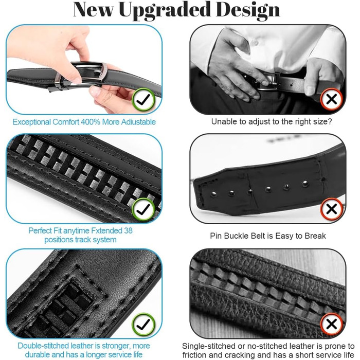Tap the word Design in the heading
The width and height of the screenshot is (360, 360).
tap(248, 10)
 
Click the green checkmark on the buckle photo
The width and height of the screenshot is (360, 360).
tap(143, 99)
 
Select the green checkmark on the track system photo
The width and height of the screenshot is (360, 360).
tap(143, 209)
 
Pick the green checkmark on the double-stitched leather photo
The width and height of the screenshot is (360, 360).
tap(143, 324)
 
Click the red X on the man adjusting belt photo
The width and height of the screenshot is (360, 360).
tap(332, 99)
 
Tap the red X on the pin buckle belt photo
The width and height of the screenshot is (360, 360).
tap(332, 209)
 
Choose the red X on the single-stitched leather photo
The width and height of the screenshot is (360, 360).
tap(332, 324)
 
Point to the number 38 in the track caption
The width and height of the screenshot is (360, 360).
tap(128, 230)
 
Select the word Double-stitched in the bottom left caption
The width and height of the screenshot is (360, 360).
tap(43, 346)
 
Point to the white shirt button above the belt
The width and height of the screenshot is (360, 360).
tap(255, 42)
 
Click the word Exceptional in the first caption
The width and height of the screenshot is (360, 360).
tap(32, 122)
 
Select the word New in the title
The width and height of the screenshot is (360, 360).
tap(93, 10)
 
